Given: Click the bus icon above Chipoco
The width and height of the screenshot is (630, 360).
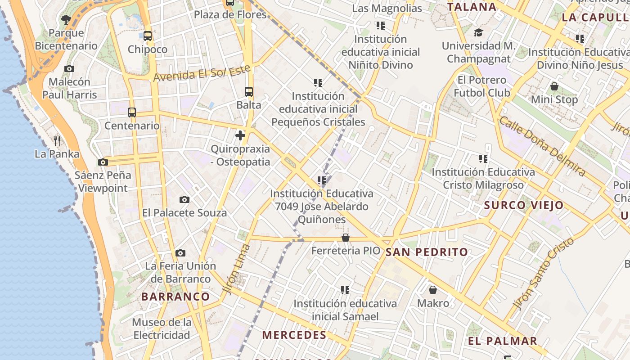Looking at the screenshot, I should [x=148, y=36].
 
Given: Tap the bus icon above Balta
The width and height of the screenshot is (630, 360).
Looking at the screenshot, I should [x=249, y=92].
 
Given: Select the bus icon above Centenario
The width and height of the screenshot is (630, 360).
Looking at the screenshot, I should [x=132, y=112].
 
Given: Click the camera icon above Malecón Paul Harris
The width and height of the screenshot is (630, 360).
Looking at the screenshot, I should [x=69, y=68].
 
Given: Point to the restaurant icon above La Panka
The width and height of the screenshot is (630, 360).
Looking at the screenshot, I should [x=57, y=140].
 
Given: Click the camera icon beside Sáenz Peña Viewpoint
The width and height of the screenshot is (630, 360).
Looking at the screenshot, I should [x=103, y=162].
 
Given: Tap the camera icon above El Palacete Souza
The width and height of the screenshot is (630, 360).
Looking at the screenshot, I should [x=184, y=199].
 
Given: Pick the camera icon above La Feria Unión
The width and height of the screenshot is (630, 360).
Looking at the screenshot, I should [x=180, y=253].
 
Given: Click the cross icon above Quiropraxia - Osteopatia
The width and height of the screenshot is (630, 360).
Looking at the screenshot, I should [x=240, y=135].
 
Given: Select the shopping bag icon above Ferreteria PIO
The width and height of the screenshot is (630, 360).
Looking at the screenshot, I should [x=346, y=237].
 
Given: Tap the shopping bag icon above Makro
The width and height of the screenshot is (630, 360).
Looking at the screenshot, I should [x=433, y=290].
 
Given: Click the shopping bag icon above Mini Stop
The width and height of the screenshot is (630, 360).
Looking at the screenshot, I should [x=554, y=86].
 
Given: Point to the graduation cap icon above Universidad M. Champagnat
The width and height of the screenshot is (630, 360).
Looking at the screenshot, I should [x=478, y=33].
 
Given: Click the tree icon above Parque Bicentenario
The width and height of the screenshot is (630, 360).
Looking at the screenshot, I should [x=66, y=19].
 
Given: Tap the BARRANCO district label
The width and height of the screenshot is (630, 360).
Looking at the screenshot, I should [x=175, y=297].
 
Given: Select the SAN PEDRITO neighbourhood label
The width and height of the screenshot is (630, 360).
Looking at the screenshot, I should [x=427, y=252].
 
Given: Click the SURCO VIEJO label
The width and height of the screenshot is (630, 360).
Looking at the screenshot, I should [x=523, y=206].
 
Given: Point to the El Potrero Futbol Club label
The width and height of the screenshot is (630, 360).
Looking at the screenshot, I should [x=481, y=86].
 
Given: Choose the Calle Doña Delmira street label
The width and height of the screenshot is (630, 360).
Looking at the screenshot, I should [x=542, y=146].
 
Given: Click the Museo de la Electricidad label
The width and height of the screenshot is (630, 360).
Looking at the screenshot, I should [x=162, y=328].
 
